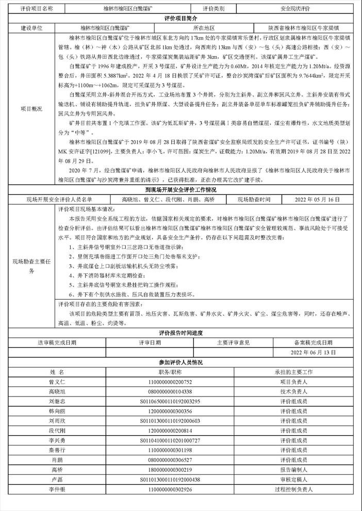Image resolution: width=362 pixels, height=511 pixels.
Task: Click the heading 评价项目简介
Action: point(181,18)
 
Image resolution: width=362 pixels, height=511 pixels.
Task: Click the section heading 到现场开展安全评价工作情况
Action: point(181,190)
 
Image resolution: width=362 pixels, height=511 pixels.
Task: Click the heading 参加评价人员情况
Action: point(181,362)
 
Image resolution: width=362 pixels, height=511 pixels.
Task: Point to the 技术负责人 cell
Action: point(294,391)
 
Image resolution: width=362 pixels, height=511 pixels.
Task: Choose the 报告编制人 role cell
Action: point(294,470)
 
